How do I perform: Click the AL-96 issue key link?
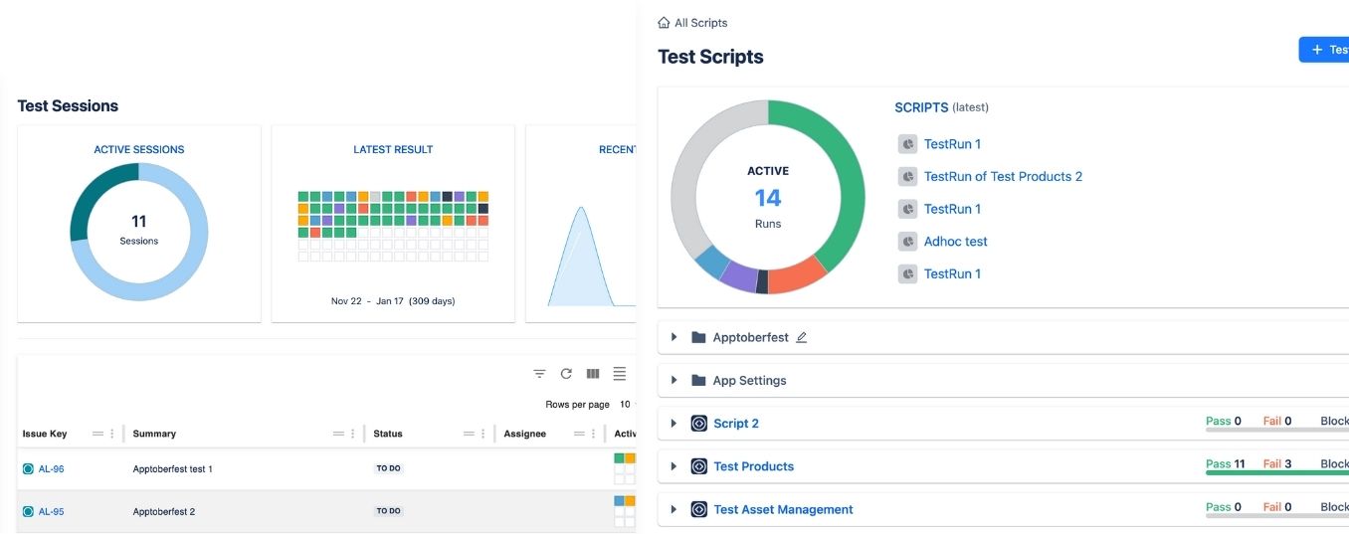click(x=51, y=468)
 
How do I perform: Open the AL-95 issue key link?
click(x=51, y=511)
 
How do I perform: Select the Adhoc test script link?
click(x=955, y=242)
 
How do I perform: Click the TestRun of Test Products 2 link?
click(x=1003, y=177)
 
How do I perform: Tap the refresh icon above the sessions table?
click(x=566, y=374)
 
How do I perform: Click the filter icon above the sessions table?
click(x=539, y=374)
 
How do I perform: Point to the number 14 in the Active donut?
click(x=768, y=198)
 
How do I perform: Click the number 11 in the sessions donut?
click(x=139, y=222)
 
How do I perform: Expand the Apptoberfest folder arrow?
click(x=674, y=337)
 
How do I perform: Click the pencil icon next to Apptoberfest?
click(x=802, y=337)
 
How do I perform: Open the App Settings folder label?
click(x=749, y=381)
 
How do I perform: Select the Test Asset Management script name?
click(x=783, y=509)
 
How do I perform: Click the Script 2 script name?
click(x=735, y=424)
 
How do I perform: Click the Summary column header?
click(x=154, y=434)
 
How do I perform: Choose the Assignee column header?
click(x=524, y=434)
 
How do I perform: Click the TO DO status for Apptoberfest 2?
click(x=388, y=511)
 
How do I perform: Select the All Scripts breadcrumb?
click(x=700, y=23)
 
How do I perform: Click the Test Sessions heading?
click(x=68, y=106)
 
